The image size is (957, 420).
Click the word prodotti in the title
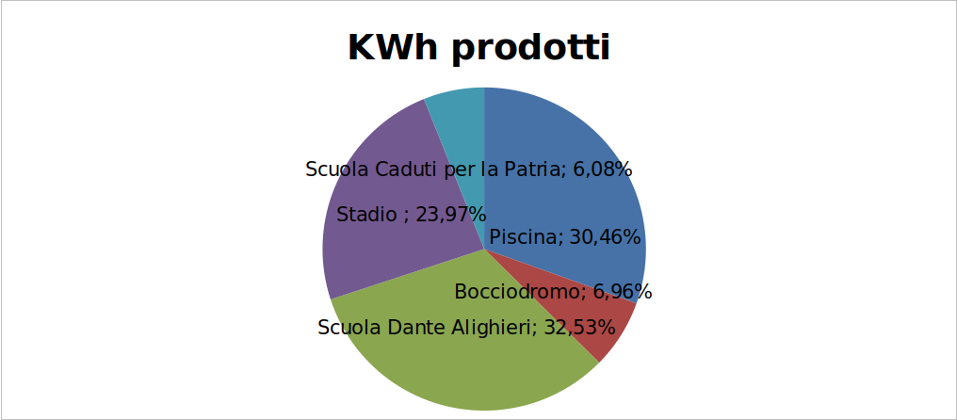coord(531,49)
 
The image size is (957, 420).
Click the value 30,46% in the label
coord(604,237)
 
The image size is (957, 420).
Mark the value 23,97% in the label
coord(450,215)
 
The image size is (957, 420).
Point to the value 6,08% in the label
coord(602,170)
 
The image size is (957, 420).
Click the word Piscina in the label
coord(527,237)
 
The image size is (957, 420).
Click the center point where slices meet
coord(484,249)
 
